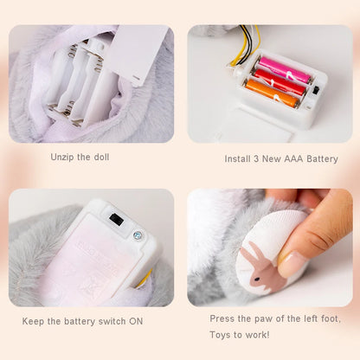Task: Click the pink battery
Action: pos(285,70)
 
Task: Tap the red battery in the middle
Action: pos(280,82)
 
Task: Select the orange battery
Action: pos(273,93)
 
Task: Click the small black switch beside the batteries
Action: pos(316,90)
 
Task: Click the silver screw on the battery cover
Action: pos(137,235)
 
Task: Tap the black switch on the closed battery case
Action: pos(116,221)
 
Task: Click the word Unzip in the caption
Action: pos(61,157)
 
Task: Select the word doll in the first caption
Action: pos(101,157)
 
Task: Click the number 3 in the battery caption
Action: pos(256,159)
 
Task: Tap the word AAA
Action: pos(294,159)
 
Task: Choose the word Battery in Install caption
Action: pos(322,159)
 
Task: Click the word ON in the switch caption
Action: pos(136,321)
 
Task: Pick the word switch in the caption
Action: pos(112,321)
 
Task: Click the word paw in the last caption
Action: pos(264,319)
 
